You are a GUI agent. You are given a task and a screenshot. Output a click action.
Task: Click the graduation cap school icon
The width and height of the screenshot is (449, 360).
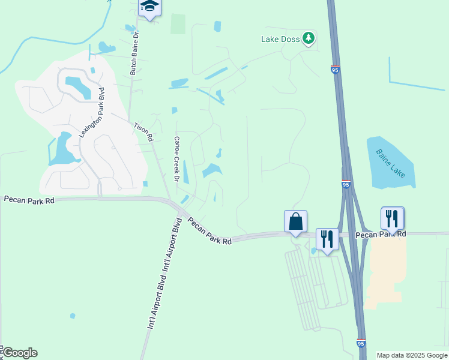(149, 7)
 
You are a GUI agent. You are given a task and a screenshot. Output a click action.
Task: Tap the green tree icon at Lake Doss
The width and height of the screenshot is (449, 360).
(309, 39)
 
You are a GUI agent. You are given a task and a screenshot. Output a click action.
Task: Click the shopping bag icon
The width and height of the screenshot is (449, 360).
(295, 221)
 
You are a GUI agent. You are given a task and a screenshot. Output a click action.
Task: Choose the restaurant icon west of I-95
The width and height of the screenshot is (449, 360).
(327, 239)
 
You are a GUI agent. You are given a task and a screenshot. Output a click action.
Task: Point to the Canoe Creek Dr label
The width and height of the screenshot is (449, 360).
(177, 159)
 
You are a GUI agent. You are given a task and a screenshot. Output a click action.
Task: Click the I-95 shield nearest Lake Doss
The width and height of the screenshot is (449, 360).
(335, 70)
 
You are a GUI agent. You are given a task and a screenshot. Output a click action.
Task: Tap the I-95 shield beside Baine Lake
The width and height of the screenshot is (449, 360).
(346, 185)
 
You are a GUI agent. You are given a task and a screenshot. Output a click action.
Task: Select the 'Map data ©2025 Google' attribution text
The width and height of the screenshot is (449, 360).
(412, 355)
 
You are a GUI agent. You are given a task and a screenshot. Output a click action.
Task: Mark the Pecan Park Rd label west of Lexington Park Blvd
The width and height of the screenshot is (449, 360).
(29, 199)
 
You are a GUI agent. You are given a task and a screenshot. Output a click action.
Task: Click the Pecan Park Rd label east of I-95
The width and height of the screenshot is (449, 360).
(380, 234)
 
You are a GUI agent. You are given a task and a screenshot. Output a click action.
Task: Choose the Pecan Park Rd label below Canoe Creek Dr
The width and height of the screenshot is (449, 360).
(209, 231)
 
